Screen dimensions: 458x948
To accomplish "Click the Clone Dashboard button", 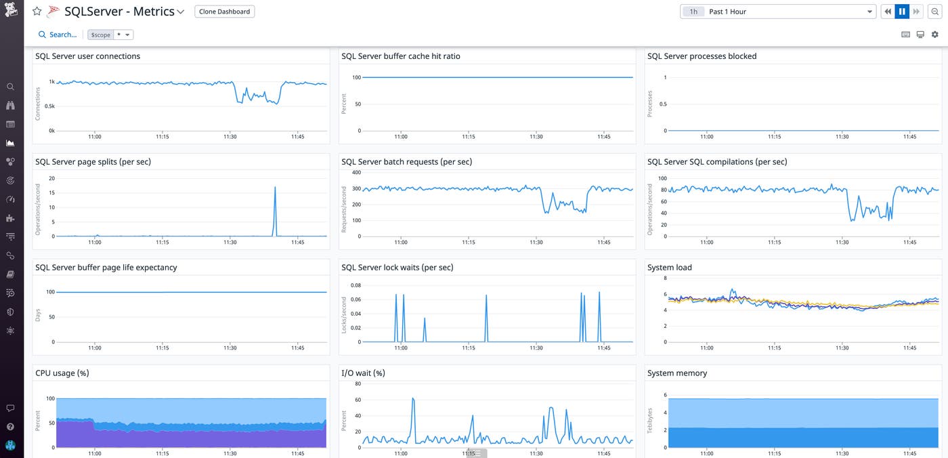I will click(224, 12).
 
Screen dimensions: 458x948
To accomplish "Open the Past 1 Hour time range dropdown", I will click(779, 12).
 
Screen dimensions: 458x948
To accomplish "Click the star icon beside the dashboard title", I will click(37, 12).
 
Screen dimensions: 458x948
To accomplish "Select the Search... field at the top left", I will click(58, 35).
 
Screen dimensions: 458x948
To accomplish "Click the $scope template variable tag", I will click(100, 35).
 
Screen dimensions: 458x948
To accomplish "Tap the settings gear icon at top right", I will click(935, 35).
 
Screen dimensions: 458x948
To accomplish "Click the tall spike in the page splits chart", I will click(275, 188).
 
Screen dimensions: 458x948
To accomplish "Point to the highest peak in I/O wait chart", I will click(413, 399).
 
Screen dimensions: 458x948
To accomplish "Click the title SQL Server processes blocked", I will click(702, 56).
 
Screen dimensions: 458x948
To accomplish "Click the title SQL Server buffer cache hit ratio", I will click(401, 56).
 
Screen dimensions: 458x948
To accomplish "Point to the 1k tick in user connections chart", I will click(51, 82).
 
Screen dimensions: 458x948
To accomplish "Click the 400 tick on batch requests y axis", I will click(356, 172).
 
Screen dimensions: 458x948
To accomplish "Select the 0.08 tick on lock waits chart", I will click(355, 286).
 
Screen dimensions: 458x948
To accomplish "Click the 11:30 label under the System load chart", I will click(842, 348).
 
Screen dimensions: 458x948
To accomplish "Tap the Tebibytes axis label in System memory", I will click(650, 421).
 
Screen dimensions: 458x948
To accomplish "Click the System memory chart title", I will click(676, 373).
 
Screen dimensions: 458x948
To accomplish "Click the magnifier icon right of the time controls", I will click(935, 12).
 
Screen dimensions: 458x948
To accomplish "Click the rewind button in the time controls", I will click(887, 12).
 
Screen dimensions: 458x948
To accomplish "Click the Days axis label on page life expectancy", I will click(38, 315).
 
